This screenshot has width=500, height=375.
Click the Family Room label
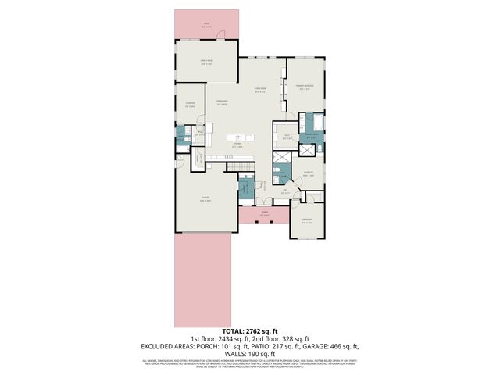[x=207, y=63]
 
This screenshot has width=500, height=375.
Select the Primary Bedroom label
[x=305, y=87]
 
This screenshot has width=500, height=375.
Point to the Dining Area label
[x=221, y=103]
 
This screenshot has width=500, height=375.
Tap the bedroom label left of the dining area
[x=190, y=105]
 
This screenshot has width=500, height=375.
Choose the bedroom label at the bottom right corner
[x=307, y=220]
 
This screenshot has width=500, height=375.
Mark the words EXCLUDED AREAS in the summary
[x=168, y=346]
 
